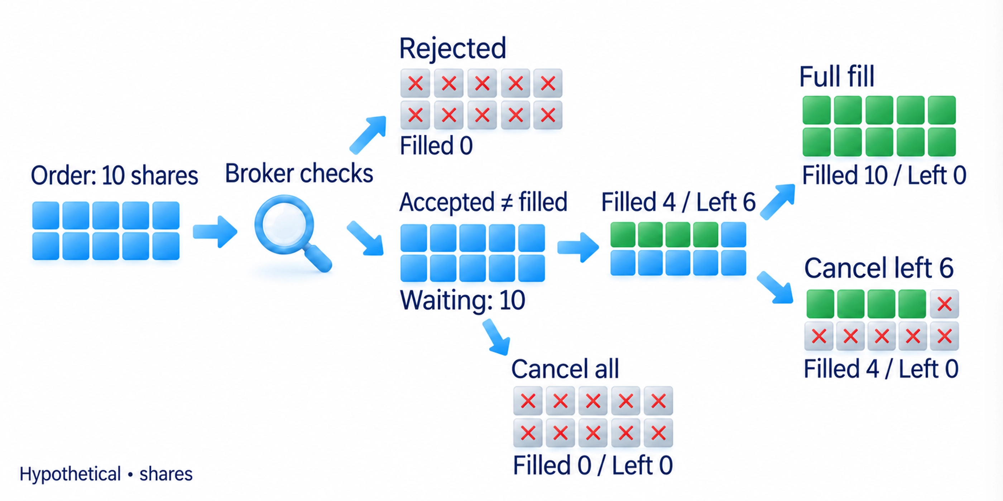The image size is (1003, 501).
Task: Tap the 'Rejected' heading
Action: click(x=453, y=49)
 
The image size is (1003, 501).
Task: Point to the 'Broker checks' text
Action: click(x=299, y=173)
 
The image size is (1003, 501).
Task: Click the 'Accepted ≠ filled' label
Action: click(x=483, y=202)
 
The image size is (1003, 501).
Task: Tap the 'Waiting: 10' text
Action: click(x=462, y=300)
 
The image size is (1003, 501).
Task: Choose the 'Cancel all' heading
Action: click(x=565, y=369)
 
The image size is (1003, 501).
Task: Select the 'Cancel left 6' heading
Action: click(x=879, y=268)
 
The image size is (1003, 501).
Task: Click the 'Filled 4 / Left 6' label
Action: click(x=678, y=202)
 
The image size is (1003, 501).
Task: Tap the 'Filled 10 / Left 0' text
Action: click(x=884, y=175)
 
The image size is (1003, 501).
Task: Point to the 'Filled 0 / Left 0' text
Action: click(x=592, y=465)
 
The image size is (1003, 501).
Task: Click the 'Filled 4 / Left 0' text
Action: click(x=881, y=368)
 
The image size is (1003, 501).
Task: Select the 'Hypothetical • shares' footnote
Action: click(x=106, y=474)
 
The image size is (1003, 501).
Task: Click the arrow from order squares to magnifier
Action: click(x=215, y=232)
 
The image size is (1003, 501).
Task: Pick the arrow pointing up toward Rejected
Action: click(x=368, y=135)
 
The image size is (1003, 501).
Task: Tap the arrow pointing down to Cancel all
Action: click(x=496, y=337)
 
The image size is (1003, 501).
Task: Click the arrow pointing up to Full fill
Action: click(x=777, y=202)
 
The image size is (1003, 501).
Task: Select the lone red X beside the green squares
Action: click(x=944, y=304)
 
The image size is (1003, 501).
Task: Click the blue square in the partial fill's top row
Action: click(x=733, y=234)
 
